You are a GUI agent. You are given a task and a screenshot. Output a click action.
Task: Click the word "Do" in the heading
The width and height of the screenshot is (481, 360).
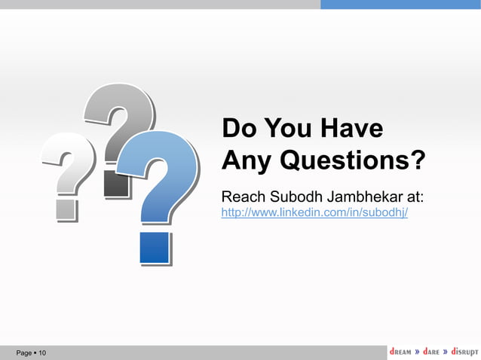[x=237, y=128]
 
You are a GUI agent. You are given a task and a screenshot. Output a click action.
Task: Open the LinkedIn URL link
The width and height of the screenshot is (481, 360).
[x=314, y=213]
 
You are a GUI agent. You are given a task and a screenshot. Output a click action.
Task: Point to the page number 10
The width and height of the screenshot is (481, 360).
[x=42, y=353]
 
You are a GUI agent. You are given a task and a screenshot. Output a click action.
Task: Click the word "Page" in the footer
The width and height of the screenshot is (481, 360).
[x=24, y=353]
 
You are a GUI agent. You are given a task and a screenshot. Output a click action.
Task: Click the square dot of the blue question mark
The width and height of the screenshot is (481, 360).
[x=154, y=247]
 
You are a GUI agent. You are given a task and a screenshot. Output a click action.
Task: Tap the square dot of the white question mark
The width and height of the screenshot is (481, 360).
[x=66, y=209]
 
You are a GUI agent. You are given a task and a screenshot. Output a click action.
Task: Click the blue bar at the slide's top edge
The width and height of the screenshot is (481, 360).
[x=400, y=5]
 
